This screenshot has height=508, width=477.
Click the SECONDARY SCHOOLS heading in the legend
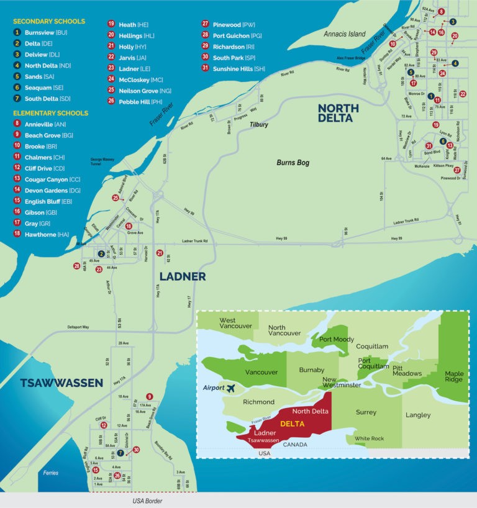(x=49, y=21)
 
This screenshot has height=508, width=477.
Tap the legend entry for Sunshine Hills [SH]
(x=233, y=68)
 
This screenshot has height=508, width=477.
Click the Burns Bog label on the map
(x=293, y=163)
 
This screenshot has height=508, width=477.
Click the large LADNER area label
(x=182, y=276)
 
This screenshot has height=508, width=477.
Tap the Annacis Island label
(x=345, y=34)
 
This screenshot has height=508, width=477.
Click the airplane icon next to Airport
(x=231, y=388)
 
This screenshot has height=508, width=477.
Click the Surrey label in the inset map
(x=366, y=412)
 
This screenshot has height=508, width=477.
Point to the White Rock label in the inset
(x=369, y=438)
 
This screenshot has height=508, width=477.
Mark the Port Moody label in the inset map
(x=337, y=340)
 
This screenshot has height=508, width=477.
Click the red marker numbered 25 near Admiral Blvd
(x=115, y=197)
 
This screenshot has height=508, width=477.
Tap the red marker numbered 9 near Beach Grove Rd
(x=149, y=396)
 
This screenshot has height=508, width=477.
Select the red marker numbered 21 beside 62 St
(x=160, y=253)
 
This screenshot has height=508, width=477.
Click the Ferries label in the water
(x=51, y=473)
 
